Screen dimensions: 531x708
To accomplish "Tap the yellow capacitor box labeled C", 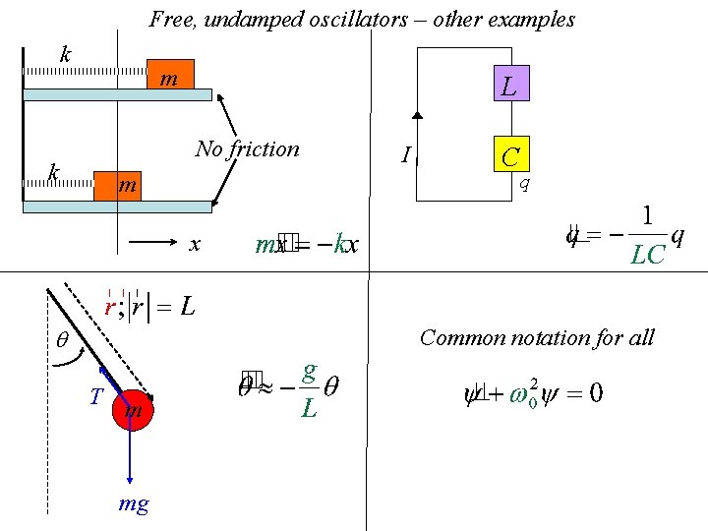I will tap(510, 155).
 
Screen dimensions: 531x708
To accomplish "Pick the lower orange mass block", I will tap(118, 186).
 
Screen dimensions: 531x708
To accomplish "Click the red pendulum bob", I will tap(134, 409).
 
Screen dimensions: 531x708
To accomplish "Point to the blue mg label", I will tap(134, 504).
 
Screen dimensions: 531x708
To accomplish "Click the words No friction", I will tap(247, 148).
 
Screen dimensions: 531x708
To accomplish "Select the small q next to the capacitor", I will tap(525, 182).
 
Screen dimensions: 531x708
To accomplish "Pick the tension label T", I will tap(96, 397).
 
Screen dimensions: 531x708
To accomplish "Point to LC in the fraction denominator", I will tap(647, 256).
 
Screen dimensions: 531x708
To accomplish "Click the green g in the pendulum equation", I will tap(309, 371).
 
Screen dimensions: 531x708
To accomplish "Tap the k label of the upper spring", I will tap(65, 54).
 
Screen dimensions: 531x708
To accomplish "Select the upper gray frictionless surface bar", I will tap(117, 95).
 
